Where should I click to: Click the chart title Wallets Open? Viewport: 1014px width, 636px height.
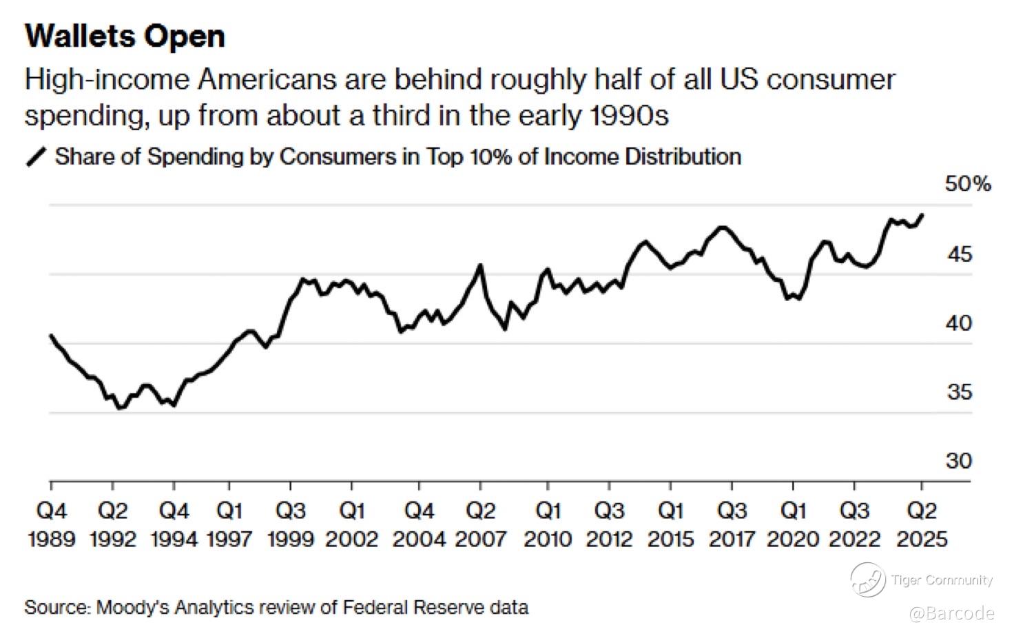point(125,37)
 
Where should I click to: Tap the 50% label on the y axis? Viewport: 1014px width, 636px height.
point(968,184)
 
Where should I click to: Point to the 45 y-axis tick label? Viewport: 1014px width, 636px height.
point(960,254)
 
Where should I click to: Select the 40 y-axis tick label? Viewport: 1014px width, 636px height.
point(960,323)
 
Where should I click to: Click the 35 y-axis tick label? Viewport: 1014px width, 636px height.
point(960,392)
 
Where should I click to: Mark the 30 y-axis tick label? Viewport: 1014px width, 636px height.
point(960,460)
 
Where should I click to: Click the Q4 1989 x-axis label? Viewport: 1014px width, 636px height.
point(52,525)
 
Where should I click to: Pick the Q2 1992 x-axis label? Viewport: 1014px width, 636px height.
point(113,525)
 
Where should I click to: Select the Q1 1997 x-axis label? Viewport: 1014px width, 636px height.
point(229,525)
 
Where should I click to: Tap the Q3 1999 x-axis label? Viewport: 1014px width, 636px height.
point(291,525)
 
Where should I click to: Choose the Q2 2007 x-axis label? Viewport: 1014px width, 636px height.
point(481,525)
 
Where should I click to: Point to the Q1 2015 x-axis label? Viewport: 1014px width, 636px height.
point(671,525)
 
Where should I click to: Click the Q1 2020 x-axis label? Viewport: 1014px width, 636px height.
point(793,525)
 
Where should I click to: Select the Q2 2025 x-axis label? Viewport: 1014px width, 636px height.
point(922,525)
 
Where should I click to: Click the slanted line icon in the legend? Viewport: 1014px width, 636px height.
point(36,157)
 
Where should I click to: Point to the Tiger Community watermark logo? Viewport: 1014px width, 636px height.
point(868,579)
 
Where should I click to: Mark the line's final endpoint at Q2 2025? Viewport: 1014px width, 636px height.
point(922,215)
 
